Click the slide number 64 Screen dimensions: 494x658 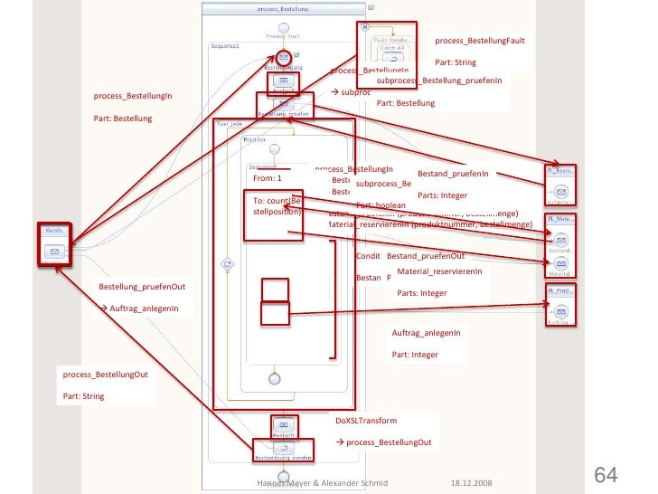(605, 475)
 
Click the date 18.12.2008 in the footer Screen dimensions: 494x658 (473, 483)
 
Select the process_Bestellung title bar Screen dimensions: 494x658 (282, 9)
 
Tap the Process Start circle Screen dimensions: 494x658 (284, 28)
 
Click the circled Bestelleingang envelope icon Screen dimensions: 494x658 (284, 57)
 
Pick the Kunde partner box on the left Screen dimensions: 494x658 (54, 245)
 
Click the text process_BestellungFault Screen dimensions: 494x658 (479, 41)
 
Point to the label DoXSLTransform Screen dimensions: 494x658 (366, 422)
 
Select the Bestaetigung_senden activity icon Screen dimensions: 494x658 (283, 447)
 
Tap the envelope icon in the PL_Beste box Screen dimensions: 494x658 (561, 192)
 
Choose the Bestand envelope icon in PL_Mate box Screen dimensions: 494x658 (561, 240)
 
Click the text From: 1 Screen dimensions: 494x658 (268, 178)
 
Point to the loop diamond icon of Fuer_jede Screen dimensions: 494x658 (228, 264)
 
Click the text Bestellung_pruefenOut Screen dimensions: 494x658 (141, 287)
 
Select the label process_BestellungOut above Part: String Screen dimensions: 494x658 (105, 375)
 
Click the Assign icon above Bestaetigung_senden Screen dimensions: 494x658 (283, 423)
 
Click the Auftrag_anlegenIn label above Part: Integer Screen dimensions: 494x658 (426, 333)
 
